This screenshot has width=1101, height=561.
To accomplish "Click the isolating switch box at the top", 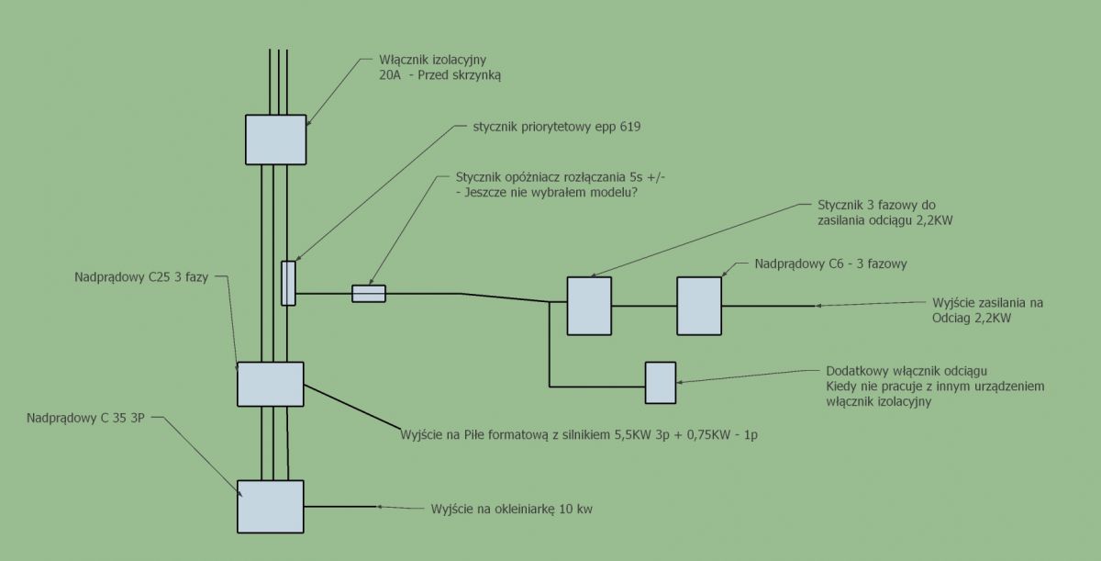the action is coord(276,140).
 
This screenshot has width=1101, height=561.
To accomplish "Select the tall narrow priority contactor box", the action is coord(288,283).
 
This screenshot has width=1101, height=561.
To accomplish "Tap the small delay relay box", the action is coord(369,294).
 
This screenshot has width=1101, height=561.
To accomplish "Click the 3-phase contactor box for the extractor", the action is coord(589,306).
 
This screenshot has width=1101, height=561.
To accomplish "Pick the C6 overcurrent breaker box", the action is coord(699,306).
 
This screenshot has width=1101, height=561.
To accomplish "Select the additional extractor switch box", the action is coord(661,383).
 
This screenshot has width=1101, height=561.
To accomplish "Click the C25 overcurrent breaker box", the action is coord(271,385).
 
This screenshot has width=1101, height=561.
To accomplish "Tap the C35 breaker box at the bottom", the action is coord(271,507).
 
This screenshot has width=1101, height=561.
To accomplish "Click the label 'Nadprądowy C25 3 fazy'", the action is coord(141,277).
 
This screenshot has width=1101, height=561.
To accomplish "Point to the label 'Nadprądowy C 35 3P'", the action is coord(85,419).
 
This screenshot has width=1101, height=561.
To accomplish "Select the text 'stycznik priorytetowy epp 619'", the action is coord(557,127).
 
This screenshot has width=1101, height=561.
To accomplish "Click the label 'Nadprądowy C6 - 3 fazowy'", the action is coord(830,264).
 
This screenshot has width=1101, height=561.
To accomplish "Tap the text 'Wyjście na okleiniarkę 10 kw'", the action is coord(512,509).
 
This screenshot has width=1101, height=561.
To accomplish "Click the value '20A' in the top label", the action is coord(390,75).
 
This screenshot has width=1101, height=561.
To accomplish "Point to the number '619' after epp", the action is coord(630,127).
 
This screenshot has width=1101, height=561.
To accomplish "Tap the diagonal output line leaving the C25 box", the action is coord(352,407).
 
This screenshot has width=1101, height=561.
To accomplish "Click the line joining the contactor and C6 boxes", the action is coord(644,306).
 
